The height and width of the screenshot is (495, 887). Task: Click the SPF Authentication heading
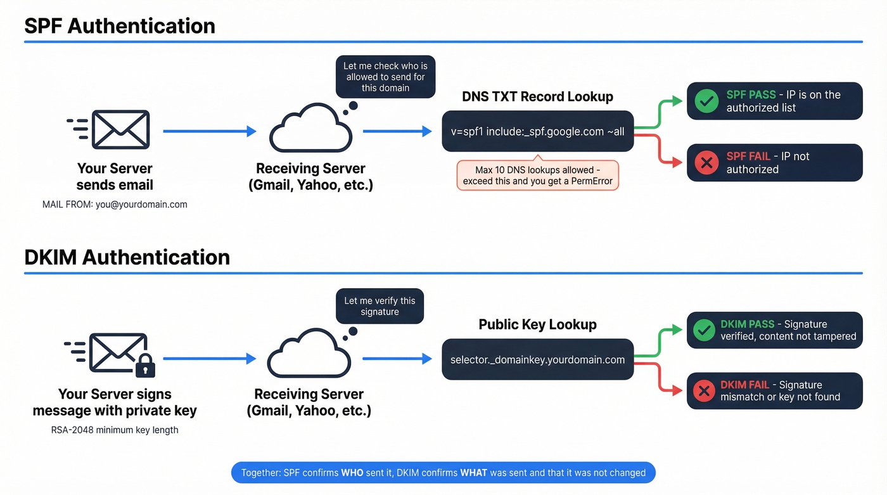coord(120,26)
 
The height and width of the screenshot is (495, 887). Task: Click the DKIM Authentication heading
coord(127,257)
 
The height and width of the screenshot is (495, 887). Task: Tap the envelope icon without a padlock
coord(120,130)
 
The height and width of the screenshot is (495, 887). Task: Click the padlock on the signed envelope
coord(145,366)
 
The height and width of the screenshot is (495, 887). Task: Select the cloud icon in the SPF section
coord(310,130)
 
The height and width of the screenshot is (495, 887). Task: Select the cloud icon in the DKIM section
coord(309,357)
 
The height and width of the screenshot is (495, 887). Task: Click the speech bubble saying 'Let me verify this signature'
coord(380,307)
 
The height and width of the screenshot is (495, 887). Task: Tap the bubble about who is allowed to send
coord(385,77)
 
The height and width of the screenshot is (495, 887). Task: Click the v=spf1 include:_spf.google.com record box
coord(537,132)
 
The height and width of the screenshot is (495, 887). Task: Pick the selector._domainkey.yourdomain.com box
coord(537,360)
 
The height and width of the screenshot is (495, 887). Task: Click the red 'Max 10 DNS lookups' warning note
coord(537,176)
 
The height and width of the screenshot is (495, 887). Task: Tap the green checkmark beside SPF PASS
coord(706,101)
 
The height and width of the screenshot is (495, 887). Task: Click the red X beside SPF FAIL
coord(706,163)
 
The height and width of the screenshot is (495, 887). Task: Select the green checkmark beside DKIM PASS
coord(704,330)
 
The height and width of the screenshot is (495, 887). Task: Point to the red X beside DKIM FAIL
coord(704,391)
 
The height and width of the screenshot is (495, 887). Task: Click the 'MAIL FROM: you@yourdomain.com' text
coord(115,205)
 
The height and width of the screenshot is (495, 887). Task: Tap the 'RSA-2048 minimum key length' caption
coord(115,430)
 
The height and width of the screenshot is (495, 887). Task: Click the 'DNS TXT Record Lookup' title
coord(537,97)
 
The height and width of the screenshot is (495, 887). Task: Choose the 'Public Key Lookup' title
coord(537,325)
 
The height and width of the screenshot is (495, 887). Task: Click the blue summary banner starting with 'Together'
coord(443,473)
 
